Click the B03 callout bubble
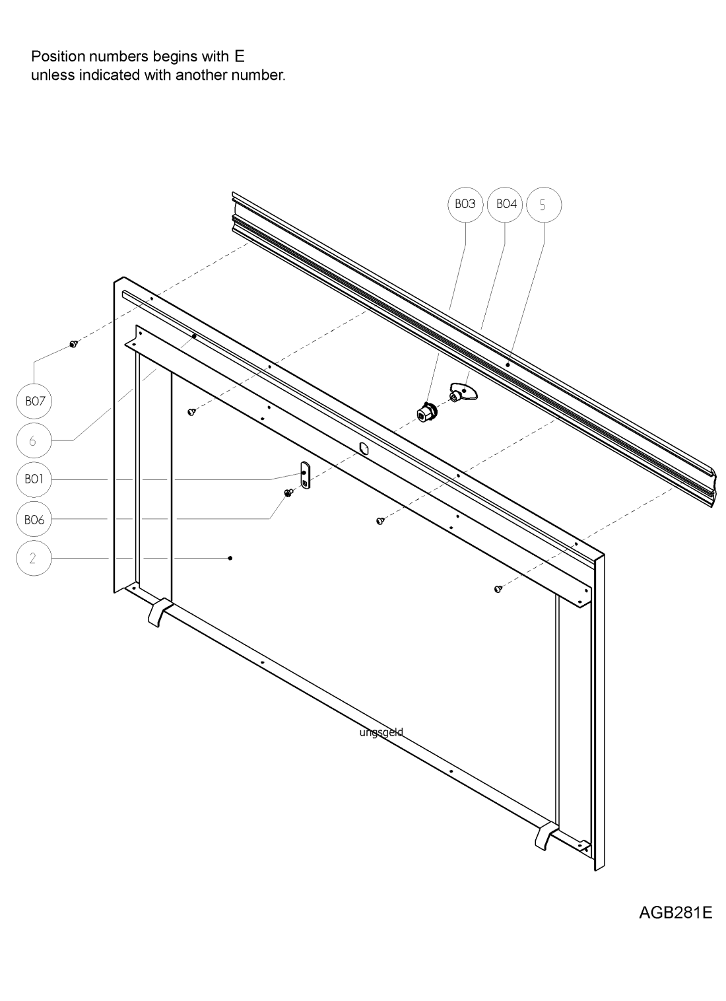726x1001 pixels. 465,205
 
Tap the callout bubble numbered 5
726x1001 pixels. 543,205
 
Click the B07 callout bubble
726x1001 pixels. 34,401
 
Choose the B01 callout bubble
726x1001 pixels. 34,479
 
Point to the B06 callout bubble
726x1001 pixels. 34,520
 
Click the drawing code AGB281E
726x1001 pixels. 675,914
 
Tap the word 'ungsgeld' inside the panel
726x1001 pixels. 381,733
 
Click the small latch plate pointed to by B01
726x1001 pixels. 304,476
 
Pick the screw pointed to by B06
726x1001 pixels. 288,493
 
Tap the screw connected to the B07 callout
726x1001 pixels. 73,344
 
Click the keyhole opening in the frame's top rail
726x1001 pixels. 363,449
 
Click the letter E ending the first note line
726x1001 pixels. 239,56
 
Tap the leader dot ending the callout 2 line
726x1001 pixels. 230,559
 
